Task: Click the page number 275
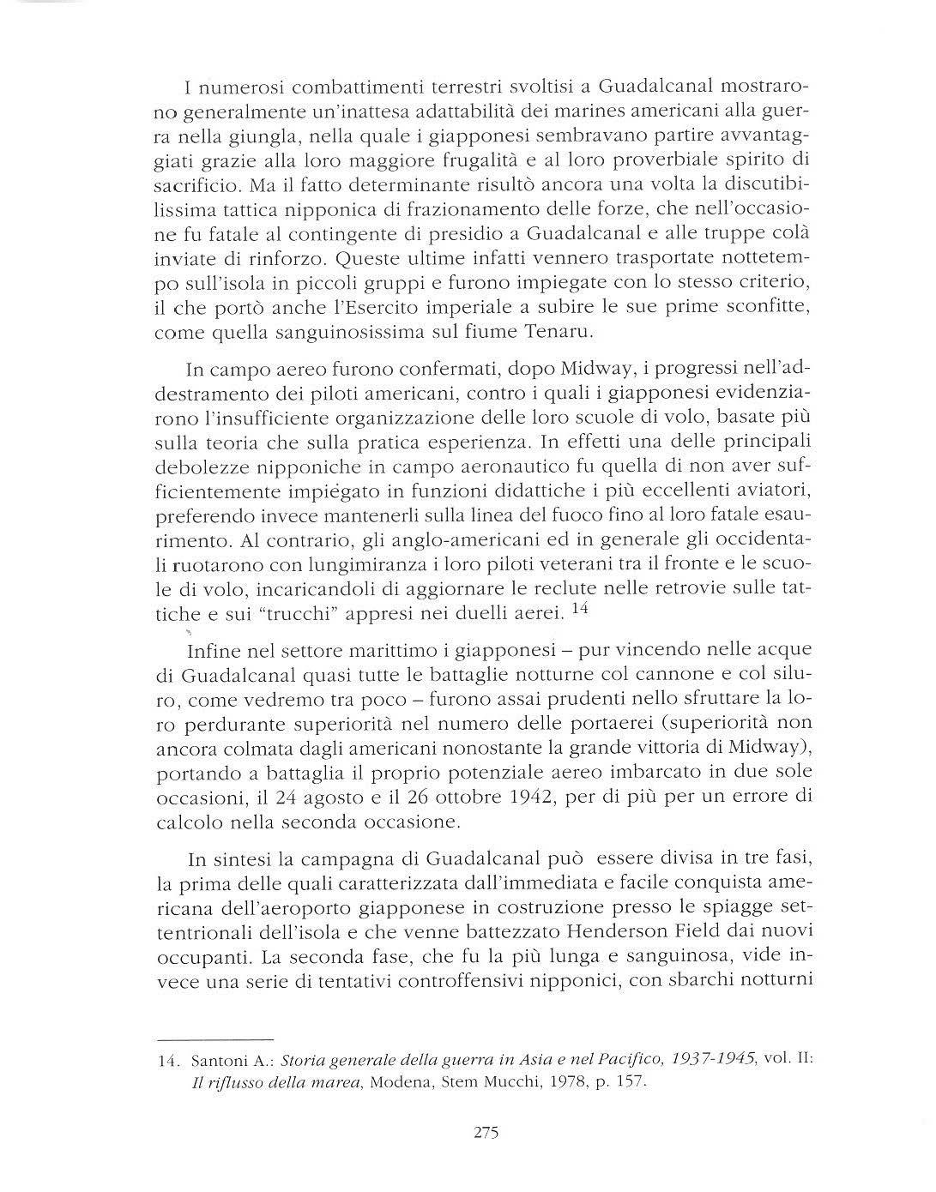coord(486,1132)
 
